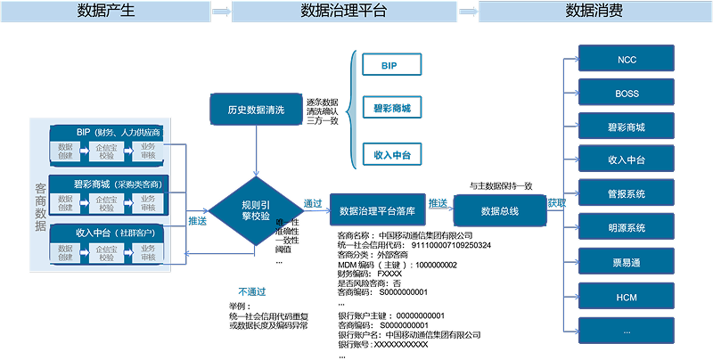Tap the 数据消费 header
coord(594,11)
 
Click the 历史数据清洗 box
coord(257,110)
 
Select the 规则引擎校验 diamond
coord(257,210)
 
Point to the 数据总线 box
coord(500,211)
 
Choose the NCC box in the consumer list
coord(627,60)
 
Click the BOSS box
coord(627,93)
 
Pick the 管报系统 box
coord(627,193)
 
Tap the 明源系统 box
coord(627,227)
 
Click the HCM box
coord(627,296)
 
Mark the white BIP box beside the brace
coord(391,65)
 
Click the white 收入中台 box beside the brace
coord(391,154)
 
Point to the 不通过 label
coord(251,291)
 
